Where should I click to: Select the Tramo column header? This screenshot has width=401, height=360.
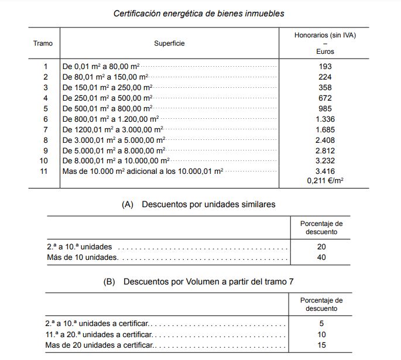[x=43, y=43]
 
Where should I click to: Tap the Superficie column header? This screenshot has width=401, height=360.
[x=169, y=43]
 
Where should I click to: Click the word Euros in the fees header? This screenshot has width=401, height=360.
[x=325, y=52]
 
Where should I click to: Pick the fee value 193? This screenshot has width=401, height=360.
[x=325, y=66]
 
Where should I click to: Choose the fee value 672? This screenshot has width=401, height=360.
[x=325, y=98]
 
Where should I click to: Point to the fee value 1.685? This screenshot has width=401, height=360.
[x=325, y=129]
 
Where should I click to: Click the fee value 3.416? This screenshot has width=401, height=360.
[x=325, y=171]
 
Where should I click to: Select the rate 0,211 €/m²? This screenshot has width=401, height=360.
[x=325, y=181]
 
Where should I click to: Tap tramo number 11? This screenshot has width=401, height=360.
[x=43, y=171]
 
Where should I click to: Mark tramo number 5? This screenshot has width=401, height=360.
[x=45, y=108]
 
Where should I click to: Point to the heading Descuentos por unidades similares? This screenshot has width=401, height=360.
[x=208, y=204]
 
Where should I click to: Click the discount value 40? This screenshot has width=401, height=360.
[x=321, y=257]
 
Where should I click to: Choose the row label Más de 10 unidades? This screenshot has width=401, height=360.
[x=83, y=257]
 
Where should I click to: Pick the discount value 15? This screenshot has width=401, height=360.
[x=321, y=345]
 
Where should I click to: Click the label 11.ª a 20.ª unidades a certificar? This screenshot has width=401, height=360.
[x=99, y=334]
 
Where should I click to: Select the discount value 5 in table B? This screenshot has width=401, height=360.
[x=321, y=324]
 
